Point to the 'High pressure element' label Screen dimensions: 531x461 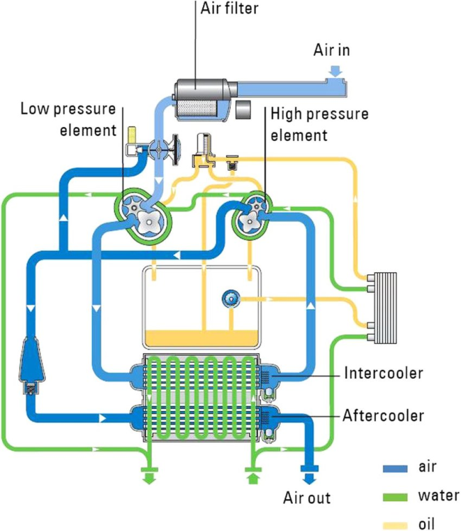pyautogui.click(x=331, y=123)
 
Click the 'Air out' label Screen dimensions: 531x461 pyautogui.click(x=306, y=497)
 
